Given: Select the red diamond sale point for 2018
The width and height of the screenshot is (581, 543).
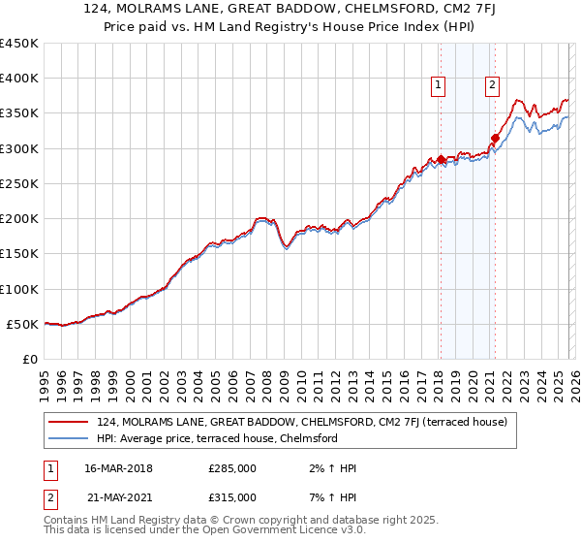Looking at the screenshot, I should [441, 159].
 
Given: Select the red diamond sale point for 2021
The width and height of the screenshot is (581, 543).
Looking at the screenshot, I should [495, 138].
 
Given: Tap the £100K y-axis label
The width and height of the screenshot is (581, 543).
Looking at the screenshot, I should [19, 289].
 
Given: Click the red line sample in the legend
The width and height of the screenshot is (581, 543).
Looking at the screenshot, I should [69, 422].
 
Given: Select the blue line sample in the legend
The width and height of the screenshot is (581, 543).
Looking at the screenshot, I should [69, 438].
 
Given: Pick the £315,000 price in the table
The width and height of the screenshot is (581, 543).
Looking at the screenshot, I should [232, 496].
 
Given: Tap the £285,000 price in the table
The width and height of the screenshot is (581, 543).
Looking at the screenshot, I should [232, 469].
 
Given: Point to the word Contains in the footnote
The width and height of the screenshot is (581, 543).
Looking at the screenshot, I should [67, 522].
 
